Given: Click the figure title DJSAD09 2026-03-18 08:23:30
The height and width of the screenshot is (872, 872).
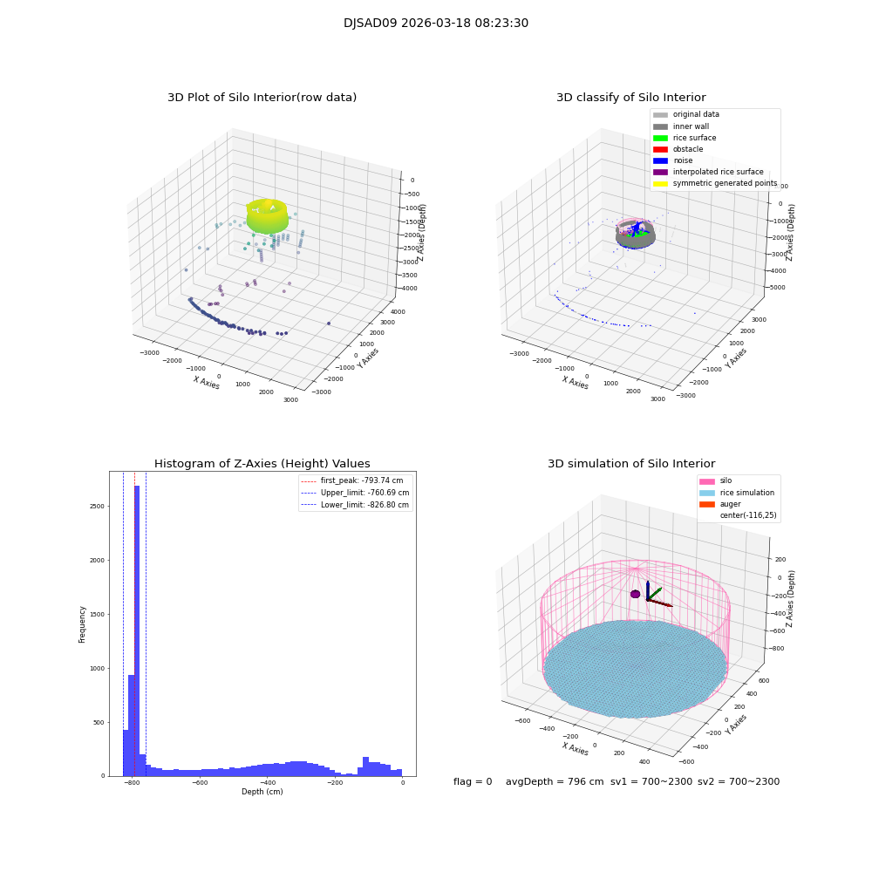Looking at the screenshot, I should coord(435,24).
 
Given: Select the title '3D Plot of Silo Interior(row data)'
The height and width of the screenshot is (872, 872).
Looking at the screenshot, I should coord(262,98).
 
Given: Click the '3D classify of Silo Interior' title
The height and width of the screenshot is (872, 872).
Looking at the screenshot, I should coord(630,98).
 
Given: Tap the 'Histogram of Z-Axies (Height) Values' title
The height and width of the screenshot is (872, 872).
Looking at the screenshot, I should coord(262,464).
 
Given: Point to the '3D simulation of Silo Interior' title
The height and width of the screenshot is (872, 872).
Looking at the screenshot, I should coord(630,464).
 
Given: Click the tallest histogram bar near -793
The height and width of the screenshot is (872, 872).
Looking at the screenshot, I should coord(137,628).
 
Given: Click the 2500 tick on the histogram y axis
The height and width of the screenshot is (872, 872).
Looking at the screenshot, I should coord(97,507).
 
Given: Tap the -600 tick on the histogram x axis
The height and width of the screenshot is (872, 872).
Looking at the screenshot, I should coord(200,784).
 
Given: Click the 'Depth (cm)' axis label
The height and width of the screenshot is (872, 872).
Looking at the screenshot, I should coord(262,792).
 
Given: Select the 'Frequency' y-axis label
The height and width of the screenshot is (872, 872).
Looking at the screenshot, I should coord(83,623).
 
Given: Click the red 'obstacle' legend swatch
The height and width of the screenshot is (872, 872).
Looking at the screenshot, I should coord(660,149).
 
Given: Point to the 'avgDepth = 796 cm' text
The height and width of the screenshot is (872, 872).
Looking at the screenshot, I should coord(555,782).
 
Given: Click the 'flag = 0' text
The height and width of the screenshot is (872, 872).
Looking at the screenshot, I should coord(473,782).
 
